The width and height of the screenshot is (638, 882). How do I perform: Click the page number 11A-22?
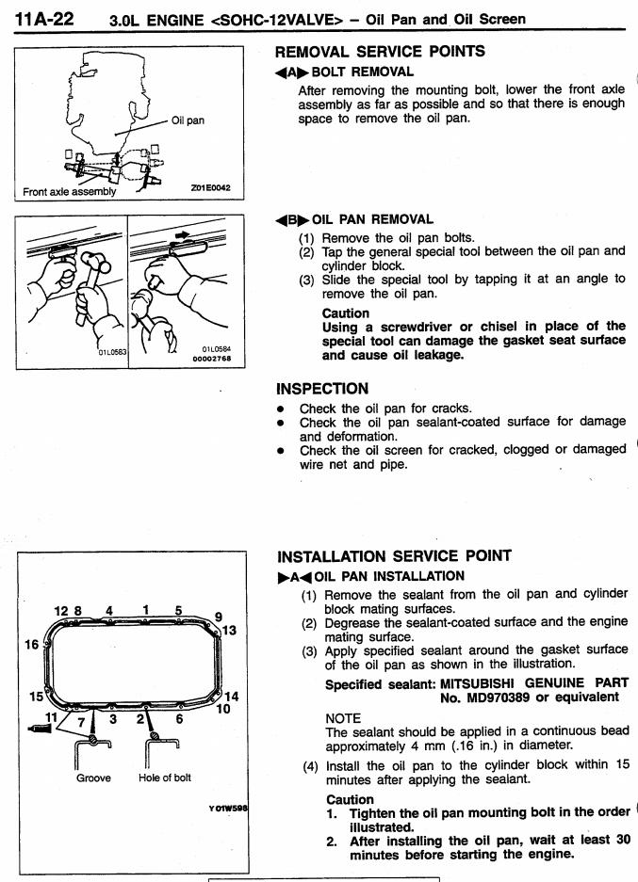44,19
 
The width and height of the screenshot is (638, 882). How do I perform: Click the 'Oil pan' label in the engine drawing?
188,120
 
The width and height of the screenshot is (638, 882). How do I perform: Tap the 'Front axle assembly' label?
69,191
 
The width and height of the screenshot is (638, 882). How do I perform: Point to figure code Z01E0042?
210,188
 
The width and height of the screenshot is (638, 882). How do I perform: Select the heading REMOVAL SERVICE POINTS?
380,52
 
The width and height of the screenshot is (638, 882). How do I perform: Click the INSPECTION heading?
322,389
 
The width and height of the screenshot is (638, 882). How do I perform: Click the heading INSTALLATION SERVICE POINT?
394,556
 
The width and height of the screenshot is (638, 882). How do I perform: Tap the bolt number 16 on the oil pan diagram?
31,645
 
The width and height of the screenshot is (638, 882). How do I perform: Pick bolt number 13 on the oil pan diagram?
230,630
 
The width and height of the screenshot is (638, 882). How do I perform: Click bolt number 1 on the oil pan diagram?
146,610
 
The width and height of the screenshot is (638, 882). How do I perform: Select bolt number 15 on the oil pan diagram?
36,697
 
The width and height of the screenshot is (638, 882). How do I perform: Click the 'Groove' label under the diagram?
93,778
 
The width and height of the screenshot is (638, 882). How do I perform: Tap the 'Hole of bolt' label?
164,778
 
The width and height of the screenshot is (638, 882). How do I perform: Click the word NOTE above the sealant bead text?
343,718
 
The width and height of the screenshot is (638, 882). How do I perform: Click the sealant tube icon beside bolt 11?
40,730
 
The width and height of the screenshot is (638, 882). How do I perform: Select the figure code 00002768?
212,359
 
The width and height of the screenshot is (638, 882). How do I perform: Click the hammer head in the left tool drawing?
94,262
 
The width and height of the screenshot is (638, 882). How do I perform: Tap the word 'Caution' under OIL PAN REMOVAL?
346,313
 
